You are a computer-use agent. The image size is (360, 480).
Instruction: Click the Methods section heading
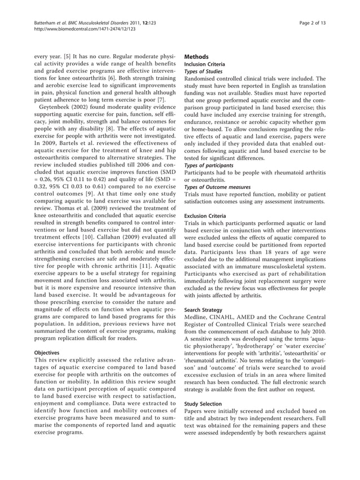click(197, 57)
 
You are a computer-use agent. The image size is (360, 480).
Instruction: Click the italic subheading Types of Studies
click(204, 71)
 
